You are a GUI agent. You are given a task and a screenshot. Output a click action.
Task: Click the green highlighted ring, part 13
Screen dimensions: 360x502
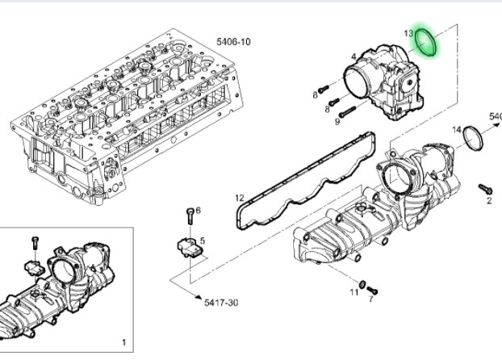click(x=427, y=43)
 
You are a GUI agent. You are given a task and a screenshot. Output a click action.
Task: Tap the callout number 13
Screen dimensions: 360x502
click(x=408, y=34)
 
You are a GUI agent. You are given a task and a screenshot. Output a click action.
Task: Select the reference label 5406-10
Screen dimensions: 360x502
click(x=234, y=41)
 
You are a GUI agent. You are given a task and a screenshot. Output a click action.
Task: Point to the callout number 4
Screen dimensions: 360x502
click(x=353, y=57)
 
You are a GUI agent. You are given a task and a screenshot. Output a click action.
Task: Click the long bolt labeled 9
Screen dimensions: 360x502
click(x=347, y=113)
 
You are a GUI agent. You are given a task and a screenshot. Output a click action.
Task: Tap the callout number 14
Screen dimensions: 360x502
click(x=456, y=129)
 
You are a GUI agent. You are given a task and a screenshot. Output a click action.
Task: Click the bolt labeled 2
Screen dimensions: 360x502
click(x=483, y=188)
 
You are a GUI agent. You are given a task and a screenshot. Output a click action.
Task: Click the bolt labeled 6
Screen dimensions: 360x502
click(x=189, y=216)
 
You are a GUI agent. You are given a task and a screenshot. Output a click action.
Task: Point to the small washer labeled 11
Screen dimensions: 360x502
click(x=362, y=285)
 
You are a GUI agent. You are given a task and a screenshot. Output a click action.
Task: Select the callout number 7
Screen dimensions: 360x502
click(x=370, y=299)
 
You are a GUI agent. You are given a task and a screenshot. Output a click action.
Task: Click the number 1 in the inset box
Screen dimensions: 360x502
click(x=123, y=343)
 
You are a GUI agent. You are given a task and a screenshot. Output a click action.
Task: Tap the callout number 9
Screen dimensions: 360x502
click(x=337, y=123)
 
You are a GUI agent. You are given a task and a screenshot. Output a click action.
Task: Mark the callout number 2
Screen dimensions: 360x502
click(x=488, y=201)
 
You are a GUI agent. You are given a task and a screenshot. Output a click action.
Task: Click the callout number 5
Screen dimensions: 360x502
click(x=202, y=240)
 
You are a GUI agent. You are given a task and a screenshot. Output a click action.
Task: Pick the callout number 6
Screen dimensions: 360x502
click(x=198, y=211)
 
